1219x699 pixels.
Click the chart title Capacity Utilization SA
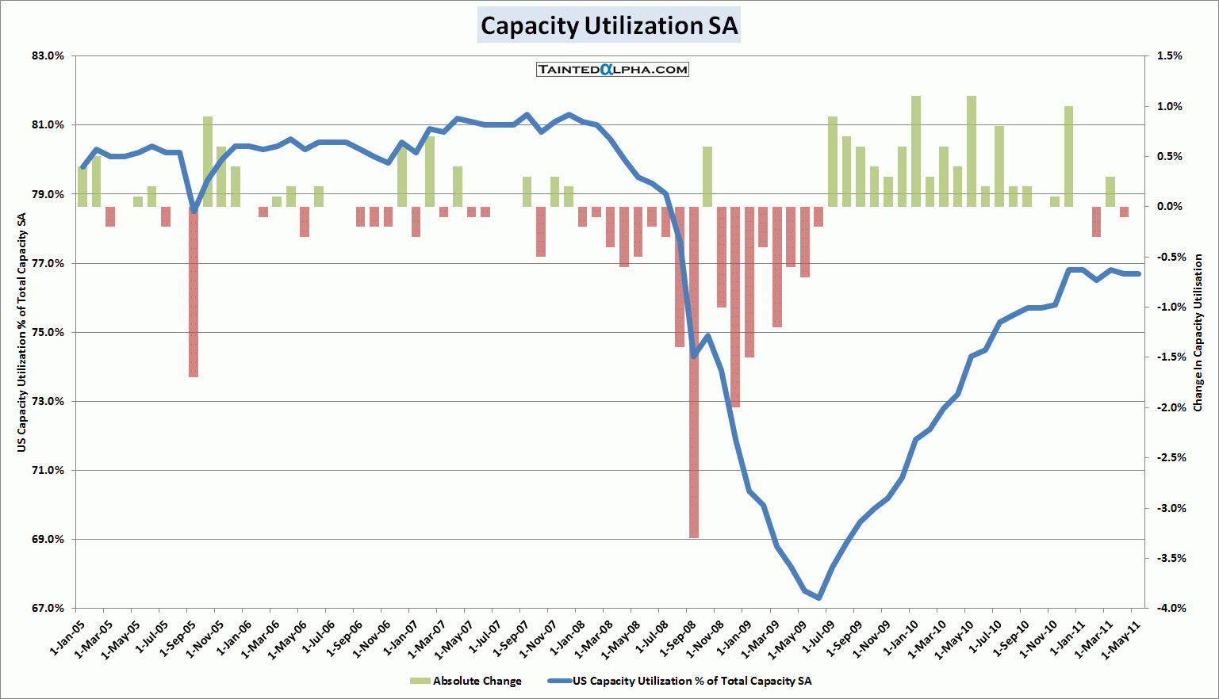click(x=609, y=25)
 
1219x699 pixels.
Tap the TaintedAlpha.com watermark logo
click(x=612, y=70)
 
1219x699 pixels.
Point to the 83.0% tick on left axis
click(x=48, y=56)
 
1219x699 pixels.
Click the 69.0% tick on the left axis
click(x=48, y=540)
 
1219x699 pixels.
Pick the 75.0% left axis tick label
click(x=48, y=333)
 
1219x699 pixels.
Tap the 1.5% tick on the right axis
click(x=1170, y=56)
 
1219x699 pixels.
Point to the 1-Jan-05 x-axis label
click(x=67, y=638)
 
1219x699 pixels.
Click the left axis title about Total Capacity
click(x=22, y=333)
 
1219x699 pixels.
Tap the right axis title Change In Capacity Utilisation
click(x=1198, y=333)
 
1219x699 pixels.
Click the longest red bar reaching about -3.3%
click(x=694, y=372)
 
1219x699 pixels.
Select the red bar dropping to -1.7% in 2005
click(x=194, y=292)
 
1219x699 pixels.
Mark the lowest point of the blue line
click(x=818, y=598)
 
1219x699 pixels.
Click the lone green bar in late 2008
click(x=707, y=177)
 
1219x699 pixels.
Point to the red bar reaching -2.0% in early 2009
click(x=735, y=307)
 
